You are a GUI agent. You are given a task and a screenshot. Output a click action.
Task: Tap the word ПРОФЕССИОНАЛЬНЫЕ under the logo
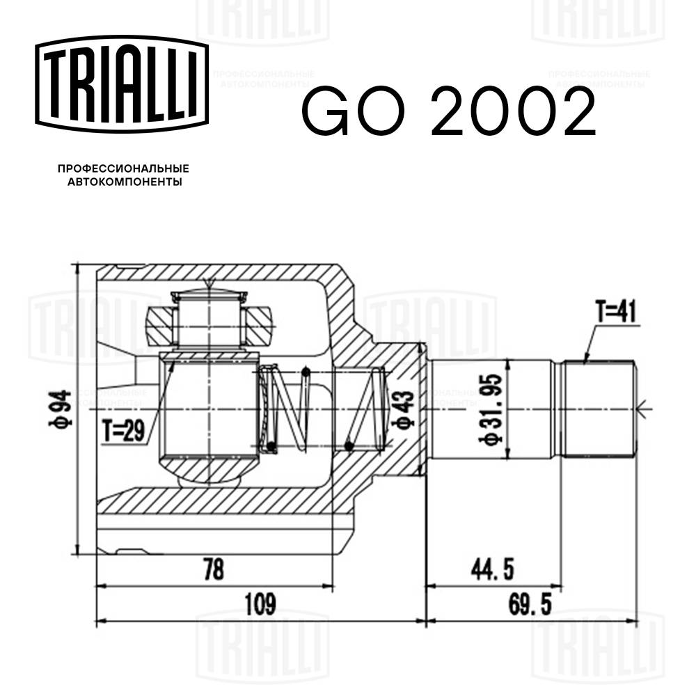click(x=123, y=168)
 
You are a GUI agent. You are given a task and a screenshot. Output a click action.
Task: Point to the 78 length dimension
click(x=214, y=571)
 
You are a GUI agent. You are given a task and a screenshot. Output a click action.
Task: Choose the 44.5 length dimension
click(x=491, y=571)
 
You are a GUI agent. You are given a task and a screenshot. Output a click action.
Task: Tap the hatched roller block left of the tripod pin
click(x=159, y=326)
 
